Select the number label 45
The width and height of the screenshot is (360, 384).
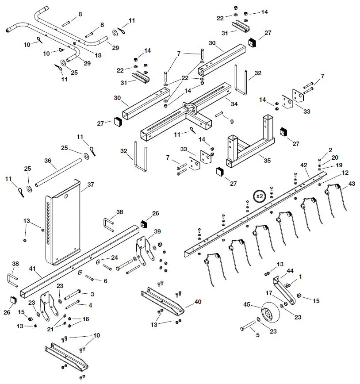[247, 304]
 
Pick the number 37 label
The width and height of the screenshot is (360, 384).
[91, 184]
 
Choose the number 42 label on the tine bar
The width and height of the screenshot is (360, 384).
[303, 165]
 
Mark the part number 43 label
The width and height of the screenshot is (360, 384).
[352, 184]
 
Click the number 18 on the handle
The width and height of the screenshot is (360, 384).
[98, 55]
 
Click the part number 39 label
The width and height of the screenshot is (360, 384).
[157, 232]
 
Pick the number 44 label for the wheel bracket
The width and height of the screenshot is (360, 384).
[291, 270]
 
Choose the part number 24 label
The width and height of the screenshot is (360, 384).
[115, 257]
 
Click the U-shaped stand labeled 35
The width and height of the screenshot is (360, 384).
[250, 148]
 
